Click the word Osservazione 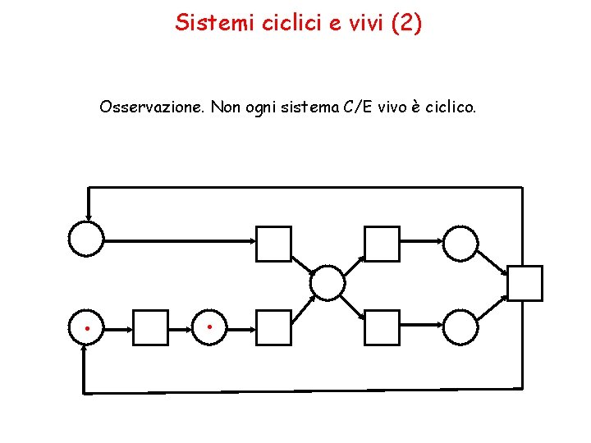tap(152, 107)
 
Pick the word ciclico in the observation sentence tap(450, 107)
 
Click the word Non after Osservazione tap(227, 107)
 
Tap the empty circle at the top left tap(86, 240)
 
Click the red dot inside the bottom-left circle tap(87, 327)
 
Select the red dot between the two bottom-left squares tap(210, 327)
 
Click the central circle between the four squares tap(328, 283)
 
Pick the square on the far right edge tap(525, 284)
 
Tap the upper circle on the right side tap(460, 243)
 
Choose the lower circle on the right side tap(460, 327)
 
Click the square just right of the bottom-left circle tap(150, 327)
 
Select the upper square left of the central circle tap(274, 244)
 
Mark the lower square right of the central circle tap(382, 327)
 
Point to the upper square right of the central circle tap(382, 244)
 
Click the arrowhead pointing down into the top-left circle tap(87, 216)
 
